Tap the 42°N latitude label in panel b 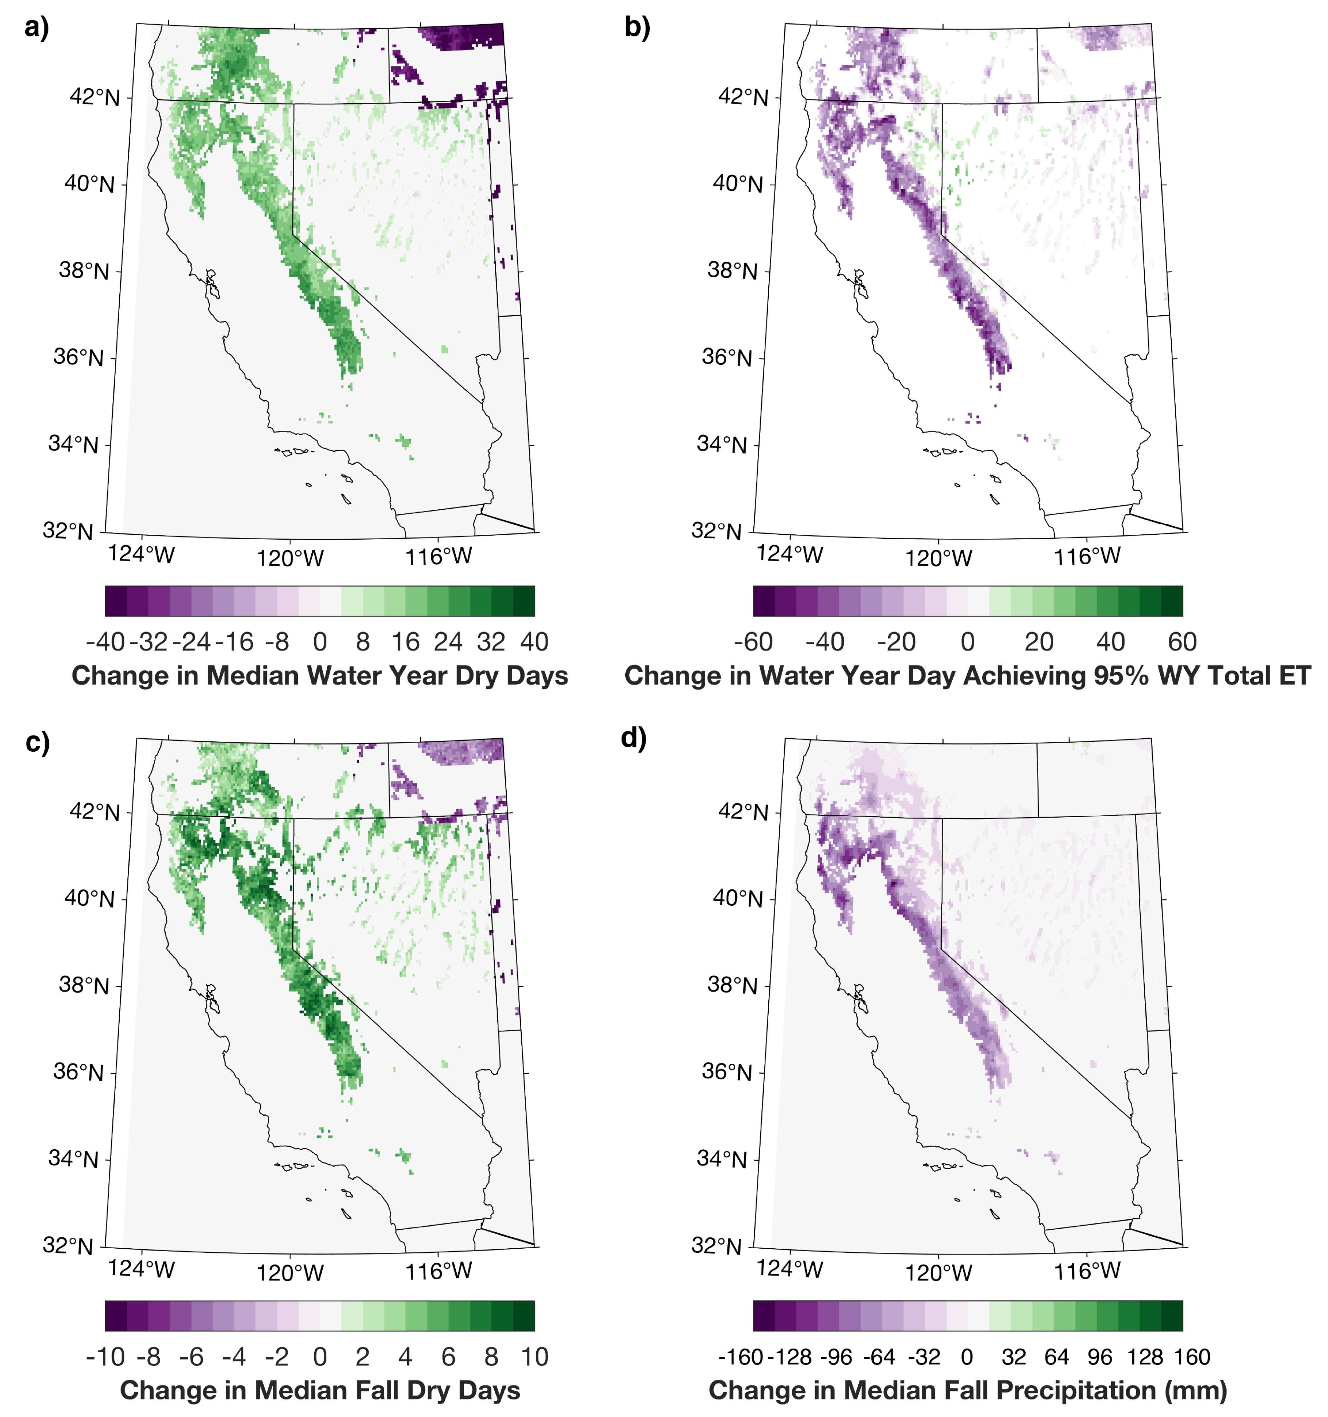click(744, 97)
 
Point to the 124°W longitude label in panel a click(141, 554)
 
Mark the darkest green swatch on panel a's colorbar click(524, 601)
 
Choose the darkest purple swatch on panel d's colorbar click(763, 1316)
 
